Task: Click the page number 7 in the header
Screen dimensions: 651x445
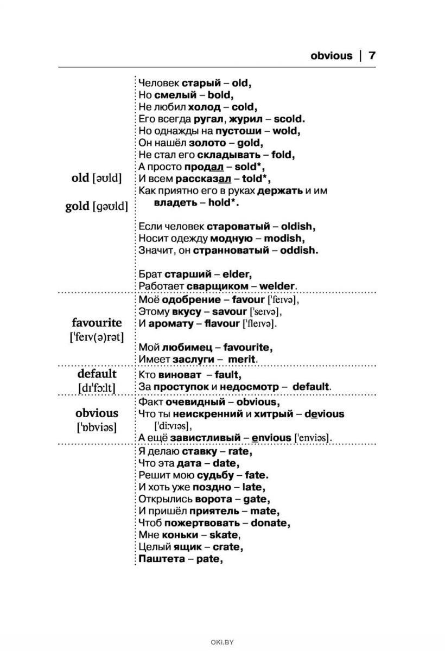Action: (372, 56)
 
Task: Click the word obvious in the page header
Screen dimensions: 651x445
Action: (331, 56)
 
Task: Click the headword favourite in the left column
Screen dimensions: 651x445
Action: (97, 323)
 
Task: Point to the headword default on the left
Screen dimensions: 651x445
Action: (97, 373)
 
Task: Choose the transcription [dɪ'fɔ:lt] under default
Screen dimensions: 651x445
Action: (97, 388)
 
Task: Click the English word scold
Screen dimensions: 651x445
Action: (289, 119)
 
